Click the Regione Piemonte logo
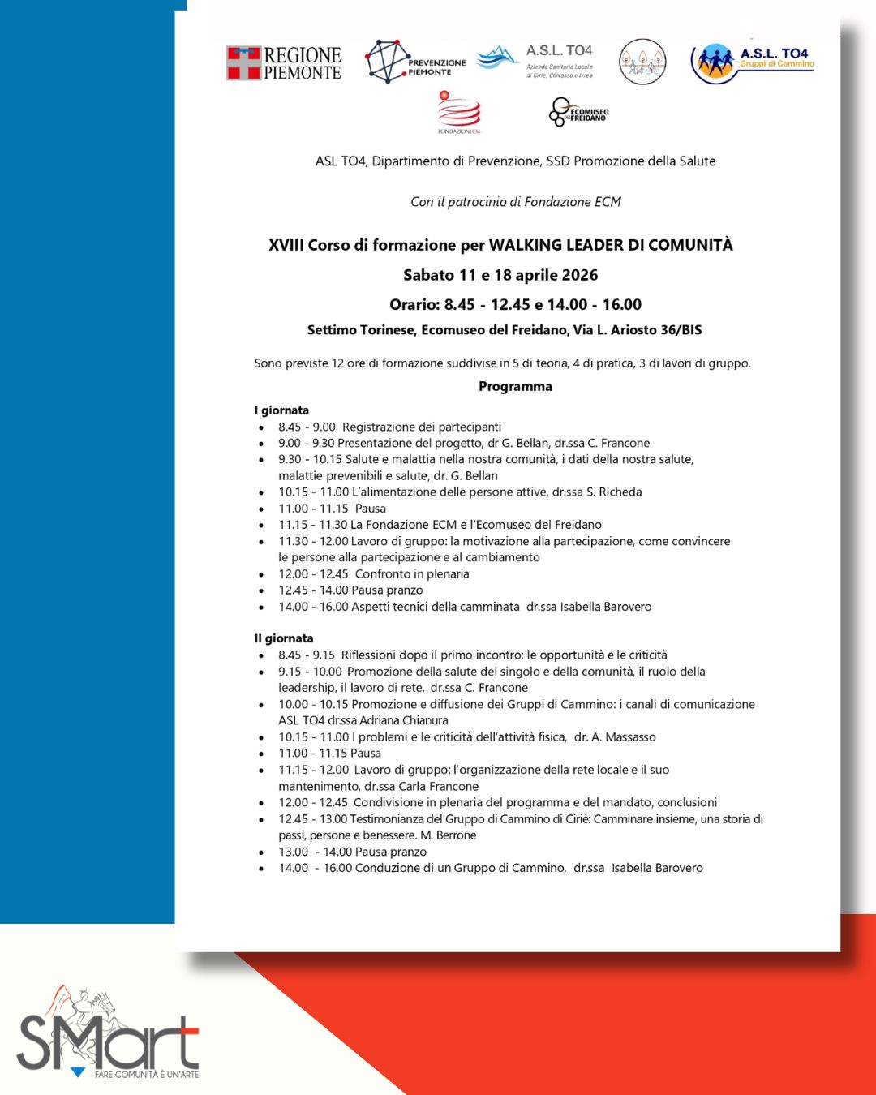[283, 63]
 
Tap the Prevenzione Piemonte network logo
[414, 62]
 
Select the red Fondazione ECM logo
[459, 112]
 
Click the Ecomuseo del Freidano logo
[578, 112]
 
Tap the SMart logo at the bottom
[108, 1034]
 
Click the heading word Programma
[515, 386]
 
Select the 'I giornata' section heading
[281, 410]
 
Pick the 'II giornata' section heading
[283, 638]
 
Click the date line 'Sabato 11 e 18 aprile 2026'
[500, 275]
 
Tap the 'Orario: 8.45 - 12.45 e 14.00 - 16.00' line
[515, 304]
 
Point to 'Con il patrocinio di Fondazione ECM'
[515, 201]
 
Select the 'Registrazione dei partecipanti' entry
[421, 427]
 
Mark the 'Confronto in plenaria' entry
[411, 573]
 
